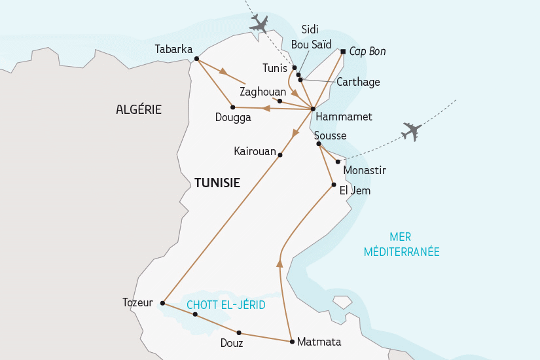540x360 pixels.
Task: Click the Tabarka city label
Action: coord(174,49)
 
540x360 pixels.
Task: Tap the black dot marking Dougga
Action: coord(233,107)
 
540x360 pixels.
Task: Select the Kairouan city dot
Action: coord(280,155)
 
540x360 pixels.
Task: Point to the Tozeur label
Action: coord(137,302)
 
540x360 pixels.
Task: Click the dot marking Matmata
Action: coord(291,341)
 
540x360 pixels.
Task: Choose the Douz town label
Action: coord(232,343)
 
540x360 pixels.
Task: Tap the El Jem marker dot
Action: coord(334,185)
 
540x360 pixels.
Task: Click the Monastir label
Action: coord(365,170)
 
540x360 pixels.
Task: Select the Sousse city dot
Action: coord(317,143)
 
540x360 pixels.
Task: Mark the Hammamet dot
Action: coord(313,109)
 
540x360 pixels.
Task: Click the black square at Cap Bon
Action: coord(342,51)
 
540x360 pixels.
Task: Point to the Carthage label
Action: coord(357,82)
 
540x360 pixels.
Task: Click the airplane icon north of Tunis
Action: coord(260,24)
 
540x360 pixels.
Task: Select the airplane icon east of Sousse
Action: coord(412,132)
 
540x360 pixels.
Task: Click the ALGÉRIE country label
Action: coord(139,109)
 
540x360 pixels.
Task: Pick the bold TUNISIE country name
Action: coord(217,183)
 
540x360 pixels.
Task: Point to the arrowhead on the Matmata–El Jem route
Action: coord(279,263)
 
